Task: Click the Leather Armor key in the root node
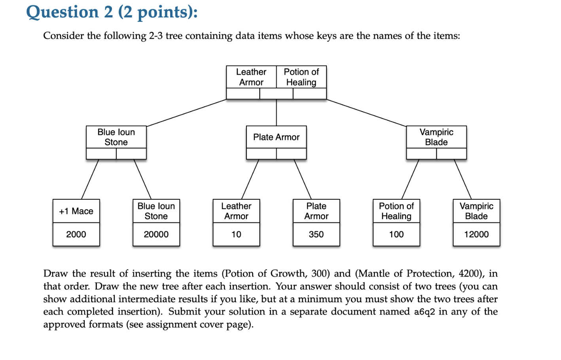[x=251, y=77]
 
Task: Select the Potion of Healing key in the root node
[x=301, y=77]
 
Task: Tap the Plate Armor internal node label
[x=276, y=137]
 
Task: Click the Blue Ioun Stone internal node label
[x=116, y=137]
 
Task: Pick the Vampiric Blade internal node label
[x=436, y=137]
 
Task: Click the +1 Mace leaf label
[x=76, y=211]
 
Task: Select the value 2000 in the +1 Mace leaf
[x=76, y=235]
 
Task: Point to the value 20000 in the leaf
[x=156, y=235]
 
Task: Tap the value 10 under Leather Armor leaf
[x=236, y=235]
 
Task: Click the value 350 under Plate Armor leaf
[x=316, y=235]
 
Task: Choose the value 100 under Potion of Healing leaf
[x=396, y=235]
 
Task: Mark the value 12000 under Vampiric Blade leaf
[x=476, y=235]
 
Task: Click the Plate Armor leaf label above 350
[x=316, y=211]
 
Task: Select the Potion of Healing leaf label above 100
[x=396, y=211]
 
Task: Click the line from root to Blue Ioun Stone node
[x=186, y=113]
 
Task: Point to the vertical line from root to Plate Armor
[x=276, y=113]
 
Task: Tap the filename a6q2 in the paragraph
[x=424, y=312]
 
